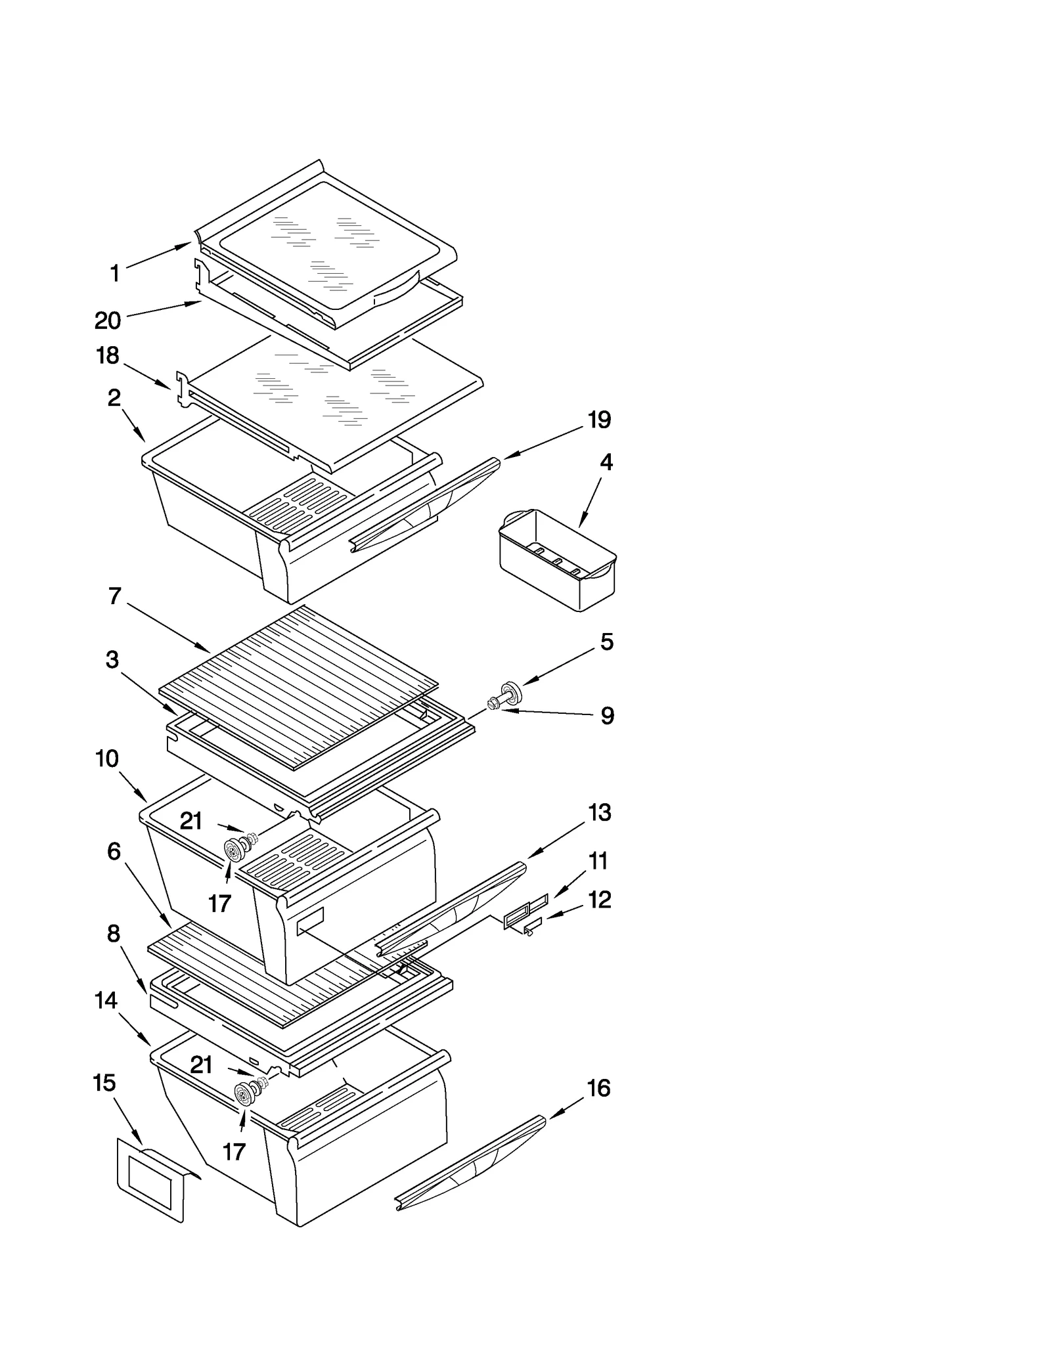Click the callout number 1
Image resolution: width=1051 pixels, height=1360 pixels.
[115, 273]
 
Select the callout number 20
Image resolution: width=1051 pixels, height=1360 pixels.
[108, 320]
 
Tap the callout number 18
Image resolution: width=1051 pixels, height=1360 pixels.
[108, 355]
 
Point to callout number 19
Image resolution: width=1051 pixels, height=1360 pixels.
[599, 420]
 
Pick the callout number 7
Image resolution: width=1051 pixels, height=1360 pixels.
[115, 596]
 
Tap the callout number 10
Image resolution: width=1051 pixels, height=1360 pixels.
[107, 758]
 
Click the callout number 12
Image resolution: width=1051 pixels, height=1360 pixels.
[599, 899]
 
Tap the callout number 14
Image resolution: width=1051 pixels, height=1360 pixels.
[106, 1000]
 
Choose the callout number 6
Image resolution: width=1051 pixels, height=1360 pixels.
[114, 852]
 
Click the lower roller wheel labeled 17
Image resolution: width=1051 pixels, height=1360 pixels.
[245, 1094]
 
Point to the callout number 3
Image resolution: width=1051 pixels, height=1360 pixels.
[112, 659]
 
